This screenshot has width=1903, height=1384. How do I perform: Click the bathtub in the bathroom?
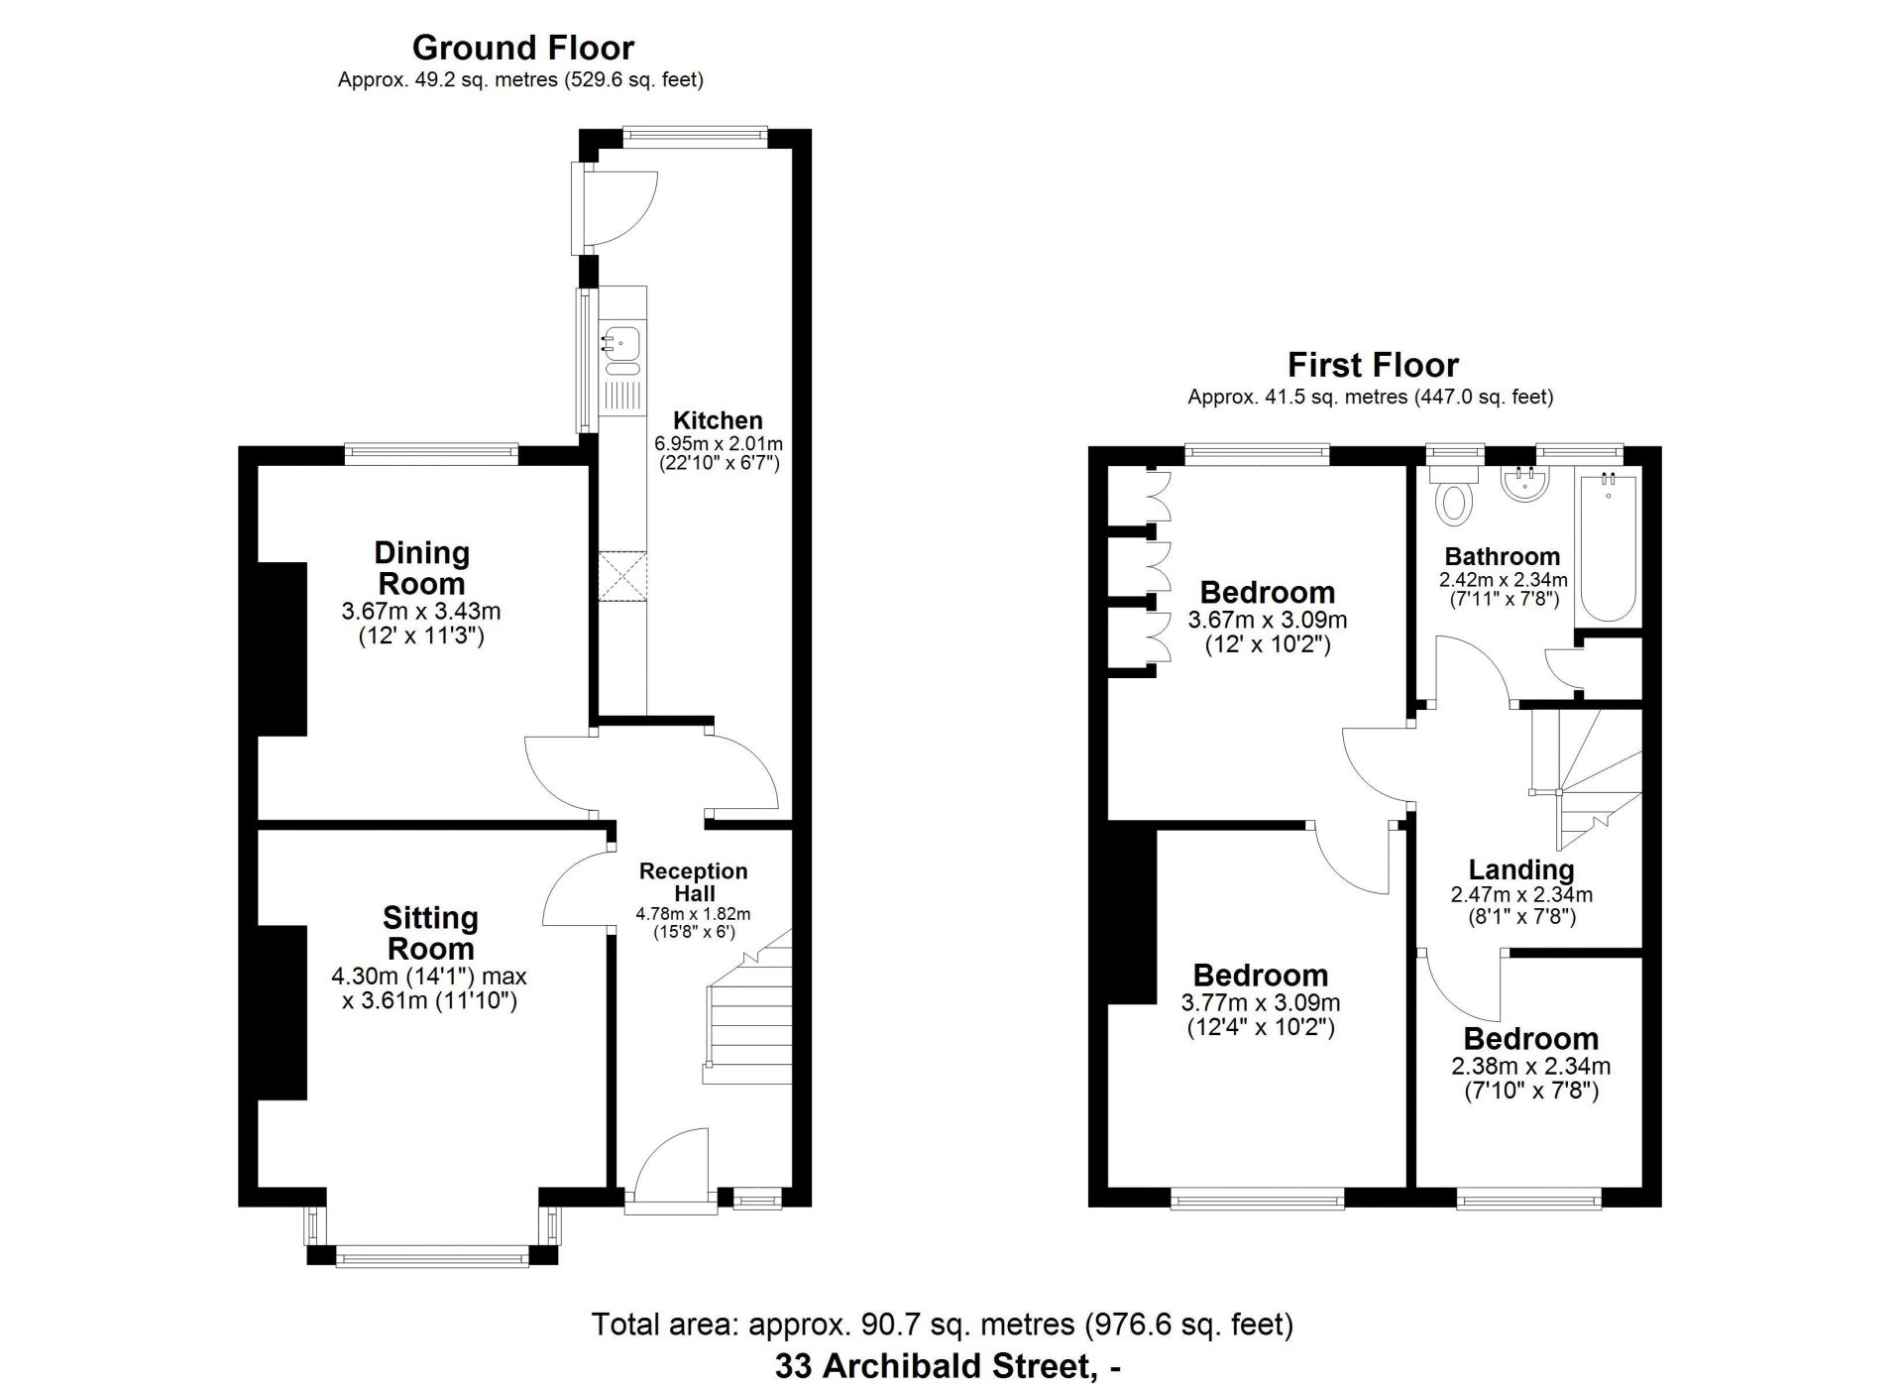point(1608,546)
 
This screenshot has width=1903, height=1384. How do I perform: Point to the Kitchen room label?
point(718,420)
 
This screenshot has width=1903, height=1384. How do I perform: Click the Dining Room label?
point(421,568)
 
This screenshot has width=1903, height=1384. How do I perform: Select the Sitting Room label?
point(430,933)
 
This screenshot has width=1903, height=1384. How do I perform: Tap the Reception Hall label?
point(693,882)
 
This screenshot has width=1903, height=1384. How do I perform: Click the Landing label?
point(1521,870)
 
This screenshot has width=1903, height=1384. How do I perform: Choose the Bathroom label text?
point(1503,556)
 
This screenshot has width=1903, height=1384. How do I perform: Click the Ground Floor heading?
point(522,48)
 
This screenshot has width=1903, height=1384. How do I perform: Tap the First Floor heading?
point(1373,365)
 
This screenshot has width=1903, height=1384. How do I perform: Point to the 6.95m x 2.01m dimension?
point(718,444)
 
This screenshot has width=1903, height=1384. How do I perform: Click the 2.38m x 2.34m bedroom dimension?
point(1530,1067)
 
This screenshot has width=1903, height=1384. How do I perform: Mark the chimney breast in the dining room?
point(281,649)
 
